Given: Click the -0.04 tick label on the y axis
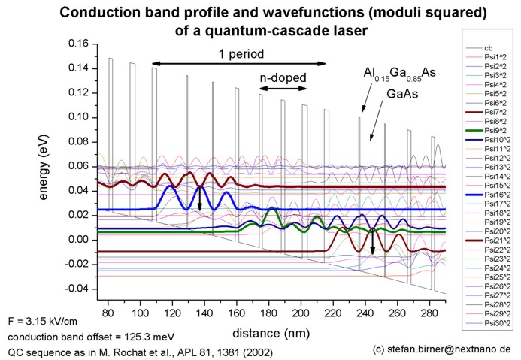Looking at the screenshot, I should (76, 289).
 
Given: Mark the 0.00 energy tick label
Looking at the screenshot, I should (77, 241).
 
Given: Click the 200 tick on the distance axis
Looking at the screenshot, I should (152, 310).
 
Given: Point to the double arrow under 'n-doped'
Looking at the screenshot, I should (283, 89).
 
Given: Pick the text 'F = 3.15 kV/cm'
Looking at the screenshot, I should (44, 321).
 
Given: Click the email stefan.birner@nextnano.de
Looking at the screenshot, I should (447, 349).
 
